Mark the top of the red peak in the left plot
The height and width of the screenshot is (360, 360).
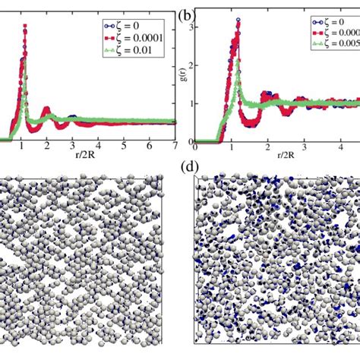tap(25, 27)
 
